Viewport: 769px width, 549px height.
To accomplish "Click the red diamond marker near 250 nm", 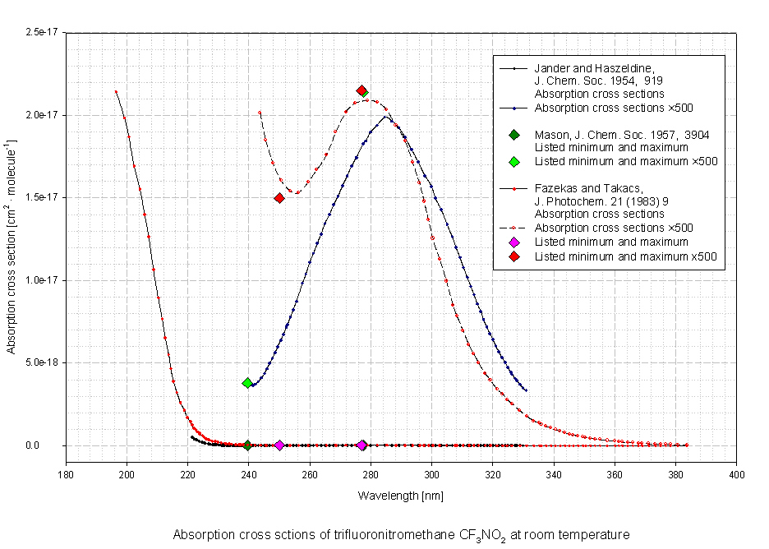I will [279, 198].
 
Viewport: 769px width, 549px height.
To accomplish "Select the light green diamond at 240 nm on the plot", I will [247, 383].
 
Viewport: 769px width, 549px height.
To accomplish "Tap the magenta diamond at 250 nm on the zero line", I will [279, 445].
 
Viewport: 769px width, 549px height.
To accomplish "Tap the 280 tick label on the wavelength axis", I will [371, 473].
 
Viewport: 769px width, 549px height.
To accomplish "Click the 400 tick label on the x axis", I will [737, 473].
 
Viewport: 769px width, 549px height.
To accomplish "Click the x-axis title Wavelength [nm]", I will [401, 496].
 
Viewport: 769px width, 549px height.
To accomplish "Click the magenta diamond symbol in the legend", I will [513, 242].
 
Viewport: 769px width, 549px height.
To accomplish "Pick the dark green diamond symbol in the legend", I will [513, 135].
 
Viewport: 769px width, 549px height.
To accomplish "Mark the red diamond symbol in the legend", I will [513, 256].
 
